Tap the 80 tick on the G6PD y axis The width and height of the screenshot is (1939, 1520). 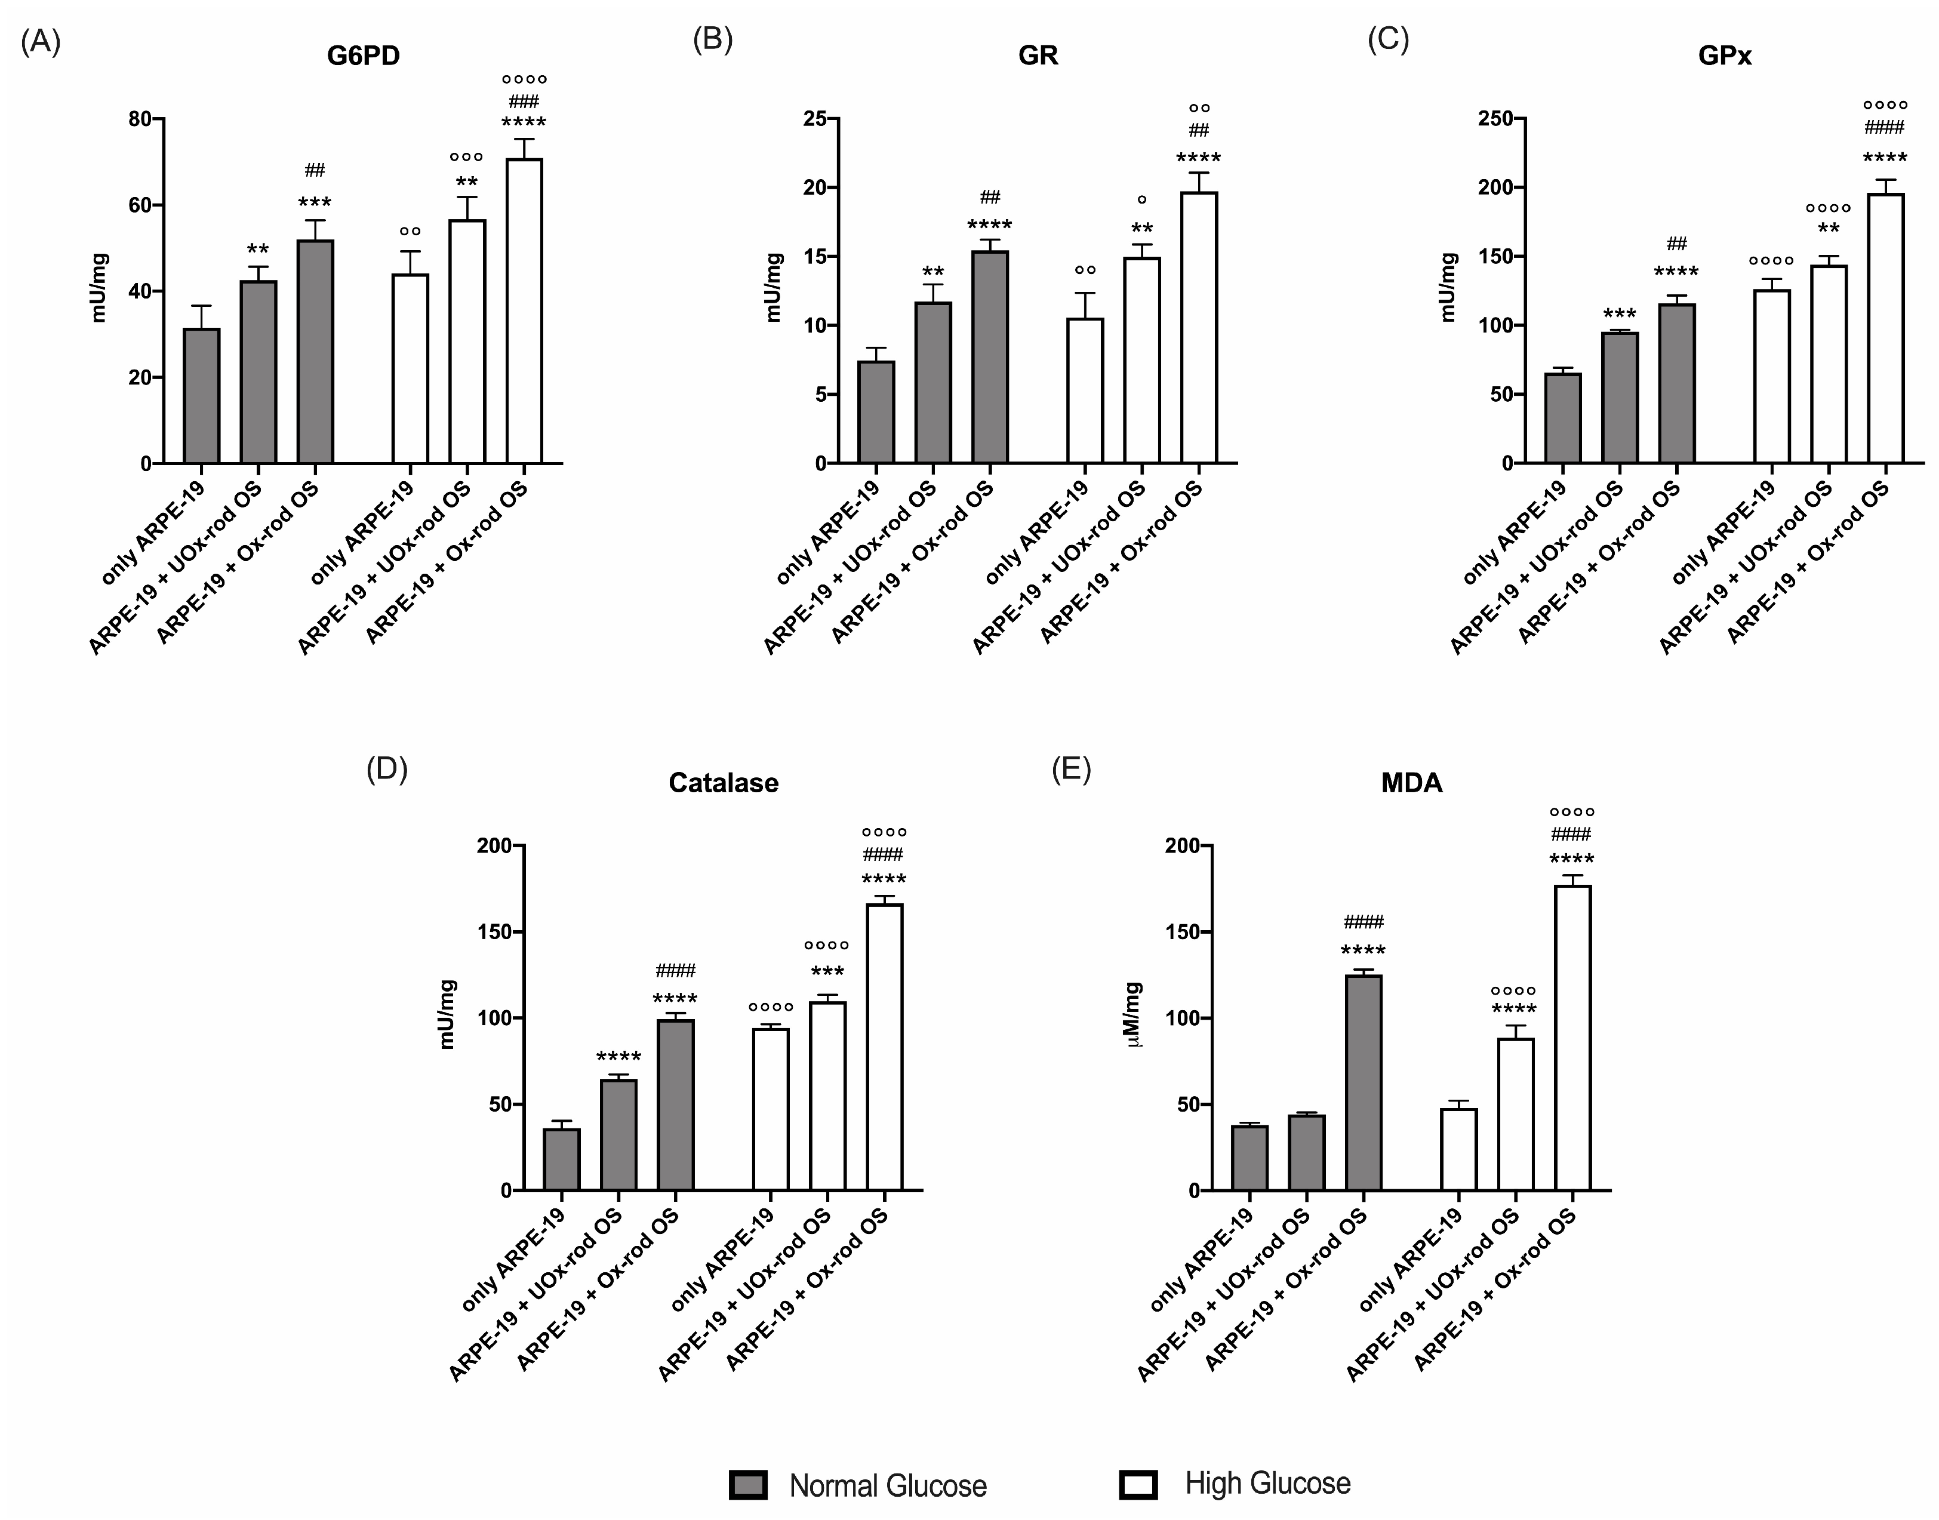pyautogui.click(x=140, y=118)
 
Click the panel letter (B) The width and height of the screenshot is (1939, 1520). pyautogui.click(x=712, y=40)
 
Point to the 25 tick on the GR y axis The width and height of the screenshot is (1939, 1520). pyautogui.click(x=814, y=118)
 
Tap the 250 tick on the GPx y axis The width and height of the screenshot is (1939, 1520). pyautogui.click(x=1495, y=118)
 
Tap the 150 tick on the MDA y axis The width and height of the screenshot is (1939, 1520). pyautogui.click(x=1182, y=932)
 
